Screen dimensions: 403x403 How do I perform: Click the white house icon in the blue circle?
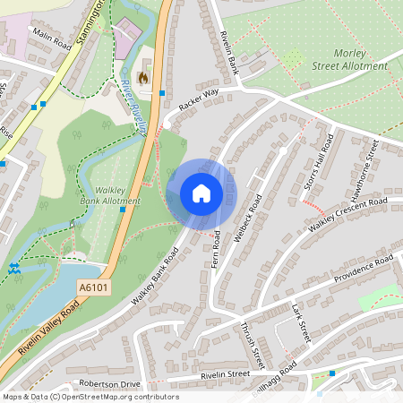point(201,193)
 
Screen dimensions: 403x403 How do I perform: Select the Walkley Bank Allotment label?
point(111,195)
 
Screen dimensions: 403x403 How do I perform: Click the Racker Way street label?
point(198,99)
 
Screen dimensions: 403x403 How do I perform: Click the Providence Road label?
point(364,268)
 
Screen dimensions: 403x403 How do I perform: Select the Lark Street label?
point(301,323)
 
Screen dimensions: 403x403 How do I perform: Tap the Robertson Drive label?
point(109,382)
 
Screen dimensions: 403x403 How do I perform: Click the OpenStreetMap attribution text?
point(90,397)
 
